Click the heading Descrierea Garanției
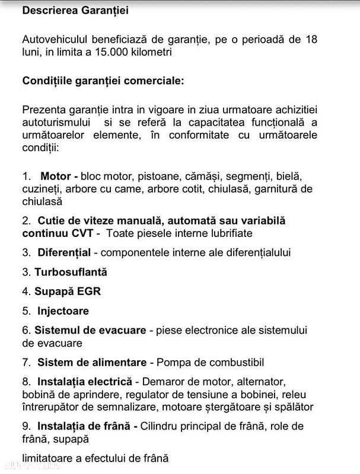coord(75,11)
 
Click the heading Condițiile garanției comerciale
coord(103,81)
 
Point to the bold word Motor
coord(57,177)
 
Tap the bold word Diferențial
coord(64,252)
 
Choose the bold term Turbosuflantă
coord(71,272)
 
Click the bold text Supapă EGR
coord(68,292)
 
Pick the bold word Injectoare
coord(63,311)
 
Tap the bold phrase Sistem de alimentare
coord(91,362)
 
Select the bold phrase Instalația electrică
coord(86,382)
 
